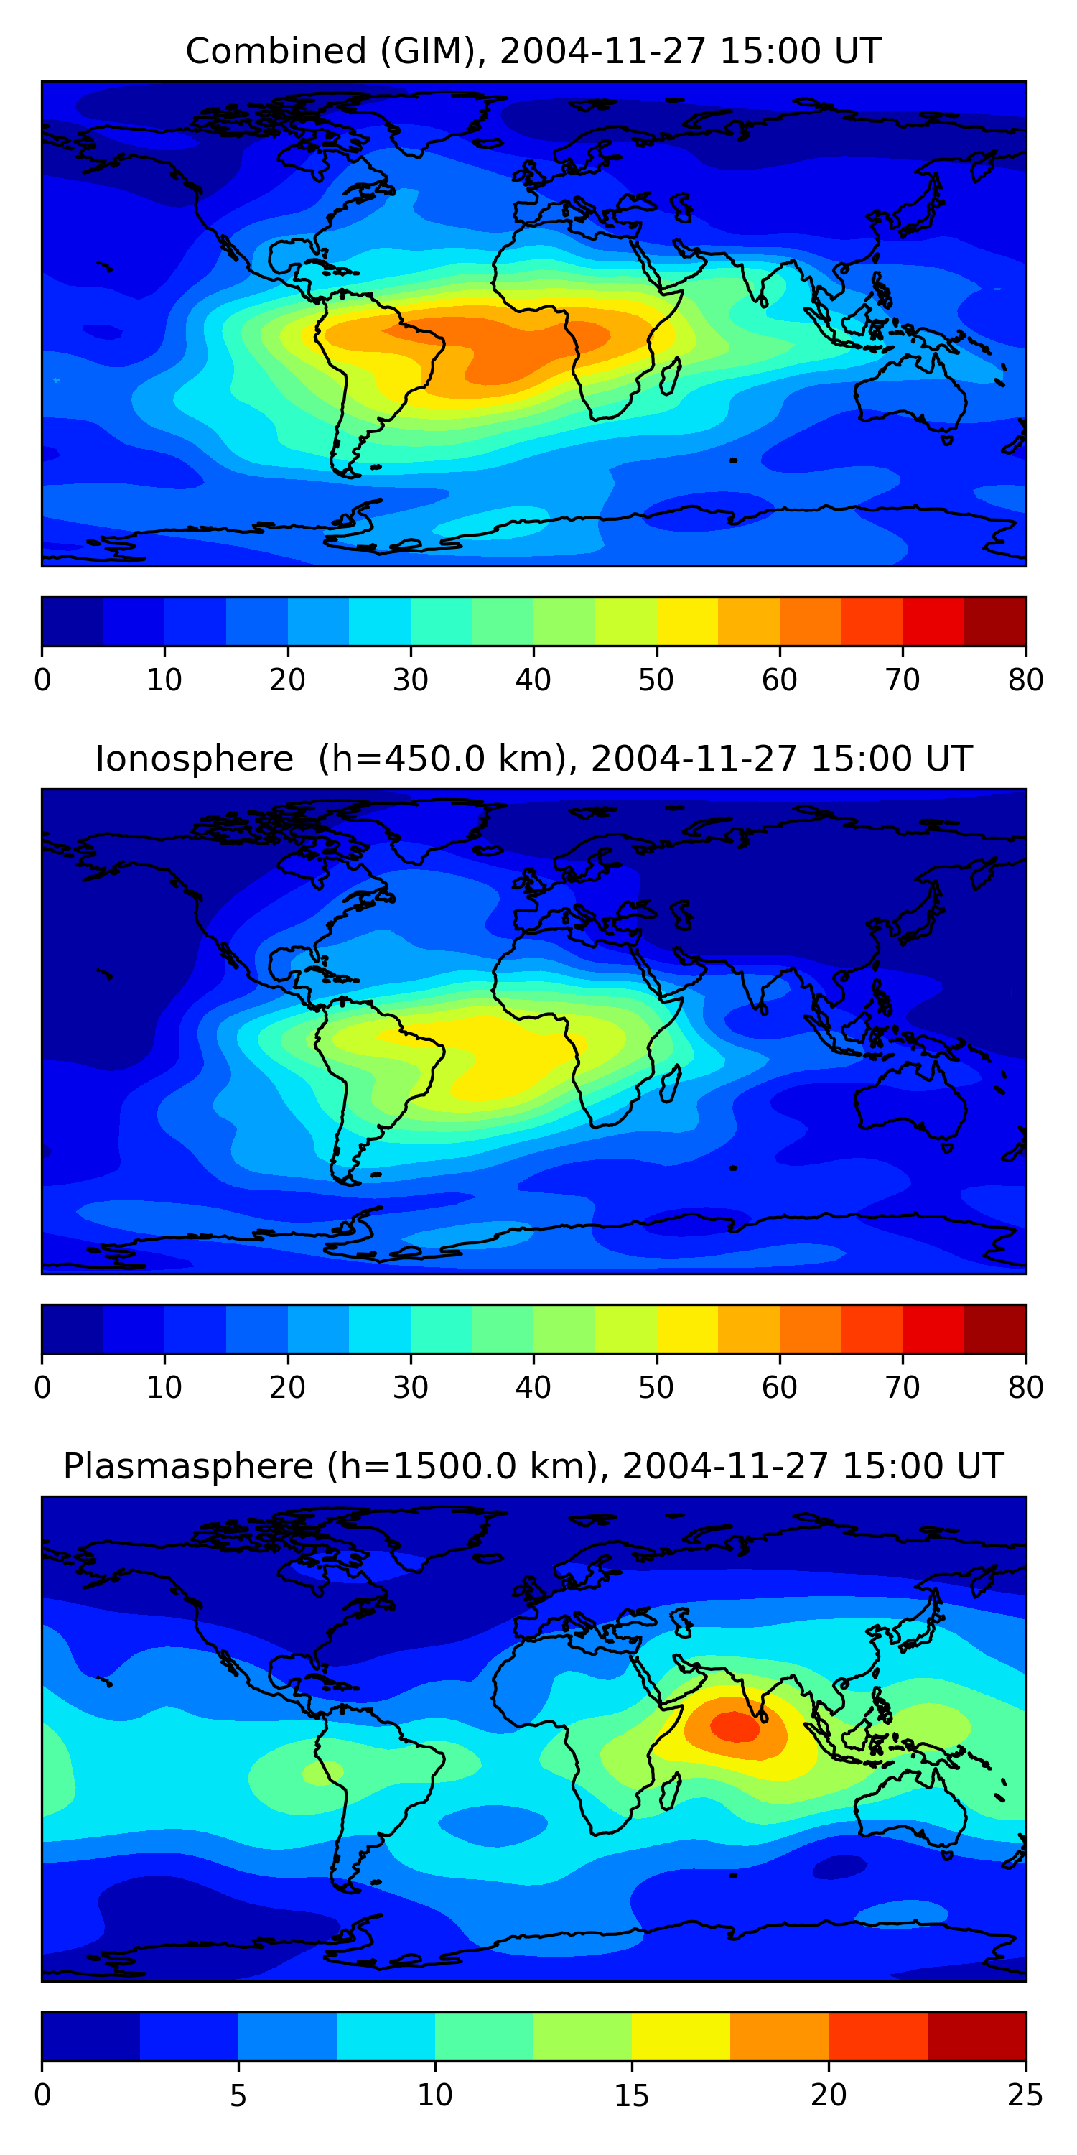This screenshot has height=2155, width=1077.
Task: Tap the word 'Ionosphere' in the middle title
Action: pyautogui.click(x=194, y=759)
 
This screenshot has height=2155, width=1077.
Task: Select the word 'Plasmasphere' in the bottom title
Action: pyautogui.click(x=188, y=1467)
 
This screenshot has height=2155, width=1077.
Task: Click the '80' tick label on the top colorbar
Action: pyautogui.click(x=1025, y=680)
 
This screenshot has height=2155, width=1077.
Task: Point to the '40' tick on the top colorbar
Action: pyautogui.click(x=533, y=680)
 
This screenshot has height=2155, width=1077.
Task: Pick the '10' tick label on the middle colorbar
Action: pyautogui.click(x=164, y=1387)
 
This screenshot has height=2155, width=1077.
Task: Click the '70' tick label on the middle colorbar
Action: pyautogui.click(x=903, y=1387)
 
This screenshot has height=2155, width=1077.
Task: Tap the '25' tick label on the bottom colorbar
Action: pyautogui.click(x=1025, y=2095)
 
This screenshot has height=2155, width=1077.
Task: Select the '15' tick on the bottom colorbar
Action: pyautogui.click(x=631, y=2095)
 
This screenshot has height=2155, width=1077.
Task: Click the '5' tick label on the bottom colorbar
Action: pyautogui.click(x=238, y=2095)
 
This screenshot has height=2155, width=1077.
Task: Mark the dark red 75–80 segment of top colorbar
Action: pyautogui.click(x=995, y=621)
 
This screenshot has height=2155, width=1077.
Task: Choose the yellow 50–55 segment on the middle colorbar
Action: pyautogui.click(x=687, y=1328)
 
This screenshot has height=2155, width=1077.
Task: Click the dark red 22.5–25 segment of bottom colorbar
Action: pyautogui.click(x=976, y=2036)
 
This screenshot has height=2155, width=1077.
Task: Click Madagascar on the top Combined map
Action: pyautogui.click(x=671, y=376)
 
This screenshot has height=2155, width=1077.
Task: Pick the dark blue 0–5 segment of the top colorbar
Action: pyautogui.click(x=72, y=621)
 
